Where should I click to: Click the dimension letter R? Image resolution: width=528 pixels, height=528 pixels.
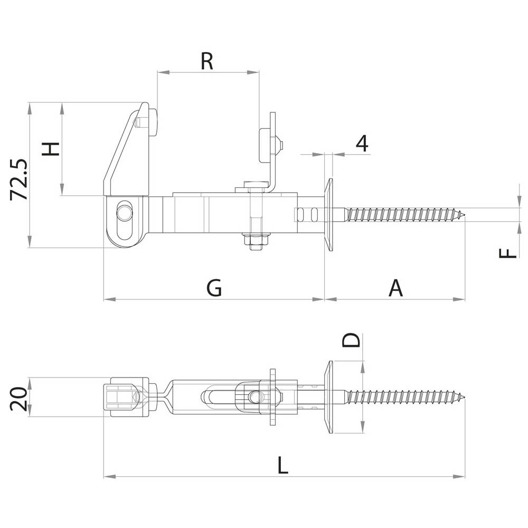[206, 61]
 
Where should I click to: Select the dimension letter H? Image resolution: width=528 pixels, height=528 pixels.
[51, 148]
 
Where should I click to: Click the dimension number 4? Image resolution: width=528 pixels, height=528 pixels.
[362, 144]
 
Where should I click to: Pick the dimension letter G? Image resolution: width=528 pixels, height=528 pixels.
[214, 288]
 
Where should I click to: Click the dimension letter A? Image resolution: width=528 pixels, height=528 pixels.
[395, 288]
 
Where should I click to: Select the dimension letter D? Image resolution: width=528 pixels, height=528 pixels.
[351, 340]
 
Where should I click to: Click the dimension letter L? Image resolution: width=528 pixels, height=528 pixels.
[283, 466]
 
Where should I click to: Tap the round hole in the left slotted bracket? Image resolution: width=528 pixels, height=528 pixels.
[125, 212]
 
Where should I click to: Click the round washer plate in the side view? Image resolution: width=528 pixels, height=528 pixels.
[328, 215]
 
